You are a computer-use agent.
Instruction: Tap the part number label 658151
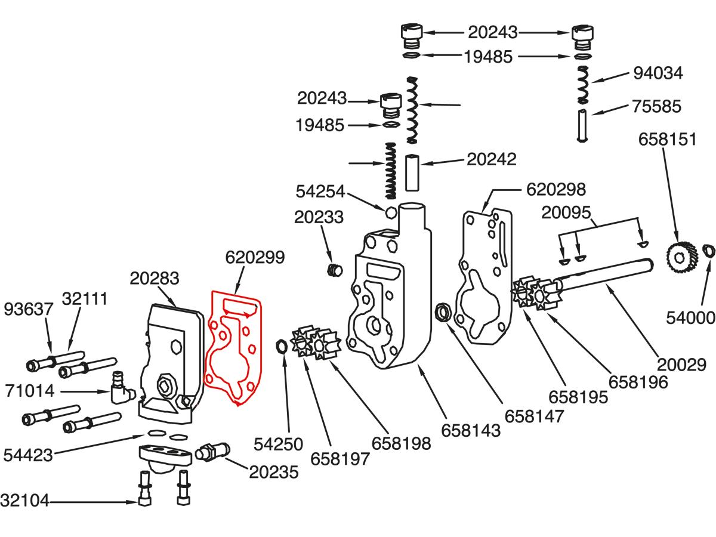tap(667, 139)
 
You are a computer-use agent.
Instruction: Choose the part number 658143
tap(471, 430)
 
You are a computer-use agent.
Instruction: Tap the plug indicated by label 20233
tap(335, 270)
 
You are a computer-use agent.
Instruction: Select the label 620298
tap(555, 190)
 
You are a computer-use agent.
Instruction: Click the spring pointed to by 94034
tap(584, 84)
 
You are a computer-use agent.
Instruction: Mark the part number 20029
tap(686, 364)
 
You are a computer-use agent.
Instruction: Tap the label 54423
tap(28, 455)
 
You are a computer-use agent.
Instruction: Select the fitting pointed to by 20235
tap(213, 451)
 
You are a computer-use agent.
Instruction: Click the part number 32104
tap(24, 500)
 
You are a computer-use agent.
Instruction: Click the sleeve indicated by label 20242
tap(412, 172)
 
